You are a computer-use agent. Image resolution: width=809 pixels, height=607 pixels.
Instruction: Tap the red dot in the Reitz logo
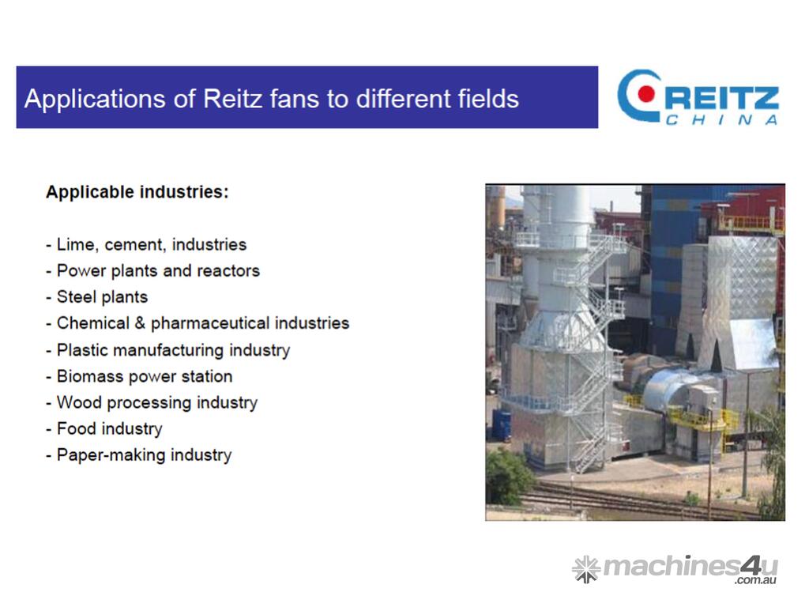(645, 93)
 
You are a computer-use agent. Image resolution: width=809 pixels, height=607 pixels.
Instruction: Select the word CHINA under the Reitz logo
(721, 120)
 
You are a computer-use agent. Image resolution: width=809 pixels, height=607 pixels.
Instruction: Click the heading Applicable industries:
(137, 192)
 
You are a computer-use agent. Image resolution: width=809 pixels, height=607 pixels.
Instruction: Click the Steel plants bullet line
(97, 297)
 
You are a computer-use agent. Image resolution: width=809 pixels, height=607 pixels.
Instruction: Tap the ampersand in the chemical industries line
(140, 323)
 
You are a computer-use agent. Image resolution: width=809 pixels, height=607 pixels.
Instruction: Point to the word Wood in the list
(79, 402)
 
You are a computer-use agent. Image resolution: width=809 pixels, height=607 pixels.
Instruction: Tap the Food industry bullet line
(104, 428)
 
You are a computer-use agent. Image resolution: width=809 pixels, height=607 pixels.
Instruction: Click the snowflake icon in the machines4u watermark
(586, 569)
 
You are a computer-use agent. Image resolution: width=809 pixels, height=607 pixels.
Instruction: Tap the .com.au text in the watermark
(755, 581)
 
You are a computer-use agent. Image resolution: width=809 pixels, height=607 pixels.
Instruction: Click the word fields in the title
(488, 98)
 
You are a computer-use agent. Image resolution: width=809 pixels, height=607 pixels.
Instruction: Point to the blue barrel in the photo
(501, 424)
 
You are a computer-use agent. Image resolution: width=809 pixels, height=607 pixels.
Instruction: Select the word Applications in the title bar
(95, 99)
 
